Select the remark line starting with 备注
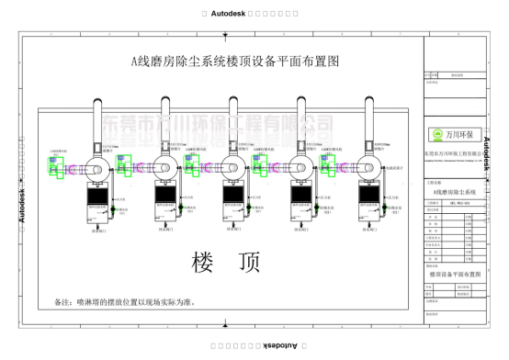127,301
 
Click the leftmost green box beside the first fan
53,165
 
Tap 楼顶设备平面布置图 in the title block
450,274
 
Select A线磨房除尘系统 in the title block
450,190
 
